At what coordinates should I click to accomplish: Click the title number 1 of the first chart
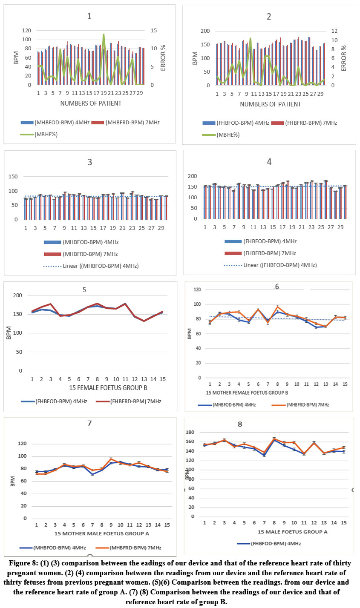click(89, 17)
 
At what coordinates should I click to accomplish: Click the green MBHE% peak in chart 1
click(104, 35)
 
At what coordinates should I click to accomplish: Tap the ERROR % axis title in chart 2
click(344, 58)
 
